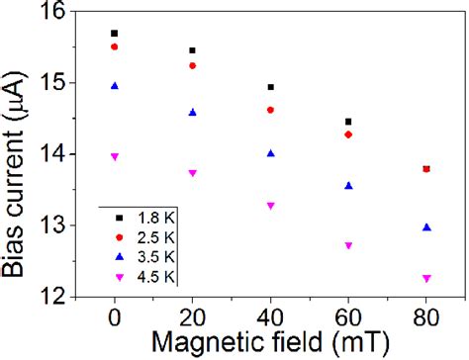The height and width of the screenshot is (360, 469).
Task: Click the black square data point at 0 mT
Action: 115,33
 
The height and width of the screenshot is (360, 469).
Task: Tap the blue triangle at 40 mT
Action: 270,152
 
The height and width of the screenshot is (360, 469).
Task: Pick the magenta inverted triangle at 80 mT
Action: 425,279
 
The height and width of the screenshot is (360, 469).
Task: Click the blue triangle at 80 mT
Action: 425,226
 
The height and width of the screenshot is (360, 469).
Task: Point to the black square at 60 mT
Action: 348,122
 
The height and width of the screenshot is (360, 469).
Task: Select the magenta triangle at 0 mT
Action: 115,156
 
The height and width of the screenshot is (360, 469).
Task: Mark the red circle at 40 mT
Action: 270,110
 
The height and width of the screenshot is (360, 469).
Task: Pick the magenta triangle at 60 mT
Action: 348,245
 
